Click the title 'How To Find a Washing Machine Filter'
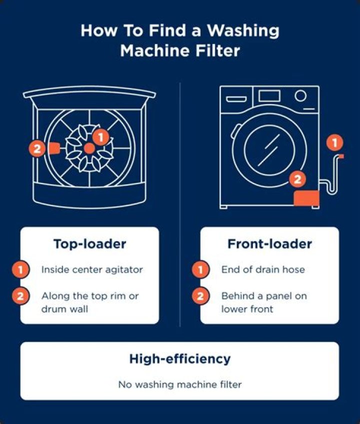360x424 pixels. pyautogui.click(x=180, y=40)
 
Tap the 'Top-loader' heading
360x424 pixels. pyautogui.click(x=89, y=244)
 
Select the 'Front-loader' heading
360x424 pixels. pyautogui.click(x=269, y=244)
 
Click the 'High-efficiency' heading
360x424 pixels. pyautogui.click(x=180, y=359)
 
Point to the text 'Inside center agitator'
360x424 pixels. pyautogui.click(x=92, y=269)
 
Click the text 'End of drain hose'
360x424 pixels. pyautogui.click(x=263, y=269)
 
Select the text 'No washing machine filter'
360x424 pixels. pyautogui.click(x=180, y=385)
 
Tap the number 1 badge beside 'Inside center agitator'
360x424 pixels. pyautogui.click(x=20, y=270)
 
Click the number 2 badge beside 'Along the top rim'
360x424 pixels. pyautogui.click(x=20, y=296)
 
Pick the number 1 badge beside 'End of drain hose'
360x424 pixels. pyautogui.click(x=200, y=270)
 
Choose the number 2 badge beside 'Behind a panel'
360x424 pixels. pyautogui.click(x=200, y=296)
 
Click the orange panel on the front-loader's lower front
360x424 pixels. pyautogui.click(x=306, y=198)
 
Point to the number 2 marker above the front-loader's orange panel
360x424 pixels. pyautogui.click(x=297, y=178)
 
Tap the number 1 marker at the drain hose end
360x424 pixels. pyautogui.click(x=334, y=143)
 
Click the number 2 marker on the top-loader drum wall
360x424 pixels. pyautogui.click(x=36, y=148)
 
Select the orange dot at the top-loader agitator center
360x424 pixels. pyautogui.click(x=88, y=148)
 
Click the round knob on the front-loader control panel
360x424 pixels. pyautogui.click(x=300, y=96)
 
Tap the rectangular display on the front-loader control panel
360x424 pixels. pyautogui.click(x=269, y=96)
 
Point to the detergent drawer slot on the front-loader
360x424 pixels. pyautogui.click(x=237, y=98)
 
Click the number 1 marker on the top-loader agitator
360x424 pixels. pyautogui.click(x=100, y=136)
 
